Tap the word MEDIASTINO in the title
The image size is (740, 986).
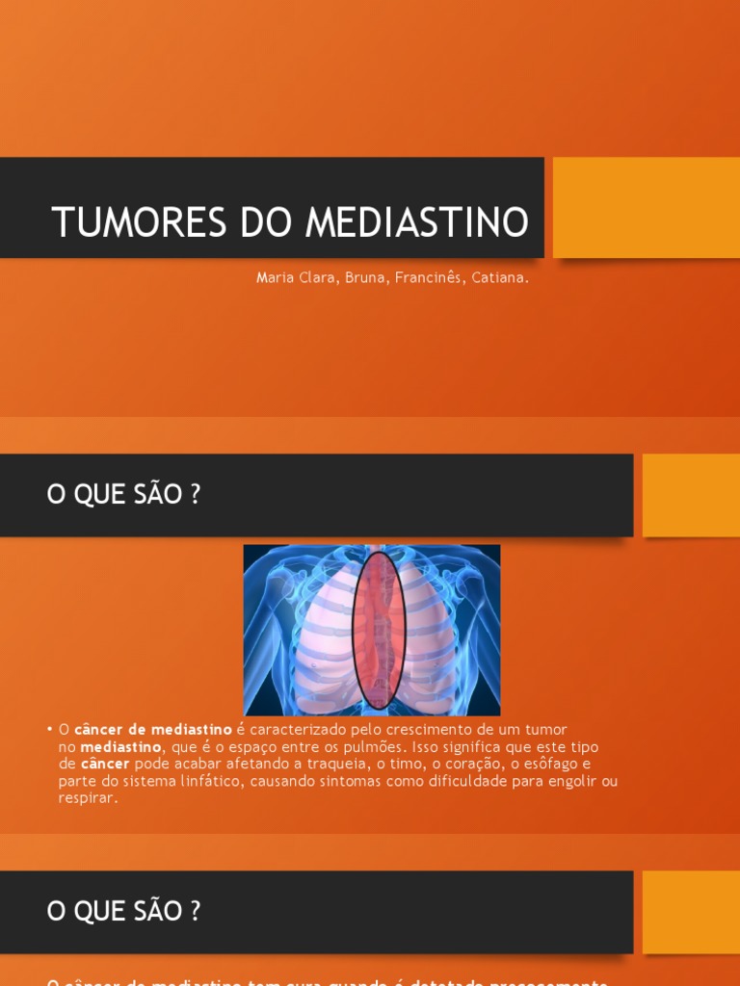pos(417,222)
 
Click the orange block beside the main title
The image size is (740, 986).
pos(646,207)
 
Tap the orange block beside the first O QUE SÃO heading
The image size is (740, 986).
pos(690,495)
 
